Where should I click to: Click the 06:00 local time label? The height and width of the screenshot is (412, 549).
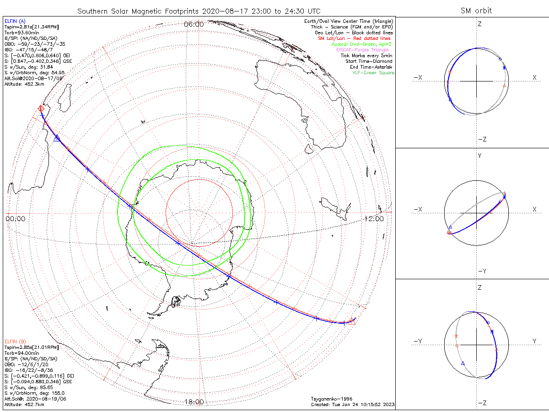(194, 24)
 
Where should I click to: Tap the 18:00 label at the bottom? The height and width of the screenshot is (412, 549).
(194, 402)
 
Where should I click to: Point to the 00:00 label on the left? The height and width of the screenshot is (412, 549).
(15, 219)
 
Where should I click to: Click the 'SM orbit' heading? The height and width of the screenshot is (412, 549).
(477, 11)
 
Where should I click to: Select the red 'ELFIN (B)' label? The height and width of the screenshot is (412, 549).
(15, 342)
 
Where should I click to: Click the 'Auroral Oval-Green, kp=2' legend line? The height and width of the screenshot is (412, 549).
(361, 44)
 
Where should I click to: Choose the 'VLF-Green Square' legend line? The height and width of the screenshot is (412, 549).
(373, 73)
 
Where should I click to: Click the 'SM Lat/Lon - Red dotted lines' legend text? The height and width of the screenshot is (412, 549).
(354, 38)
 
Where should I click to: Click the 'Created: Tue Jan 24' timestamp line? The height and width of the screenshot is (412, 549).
(353, 405)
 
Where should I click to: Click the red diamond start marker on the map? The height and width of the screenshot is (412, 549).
(41, 108)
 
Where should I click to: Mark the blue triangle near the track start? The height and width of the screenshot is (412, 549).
(57, 138)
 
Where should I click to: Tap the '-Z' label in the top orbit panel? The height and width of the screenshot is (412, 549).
(481, 139)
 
